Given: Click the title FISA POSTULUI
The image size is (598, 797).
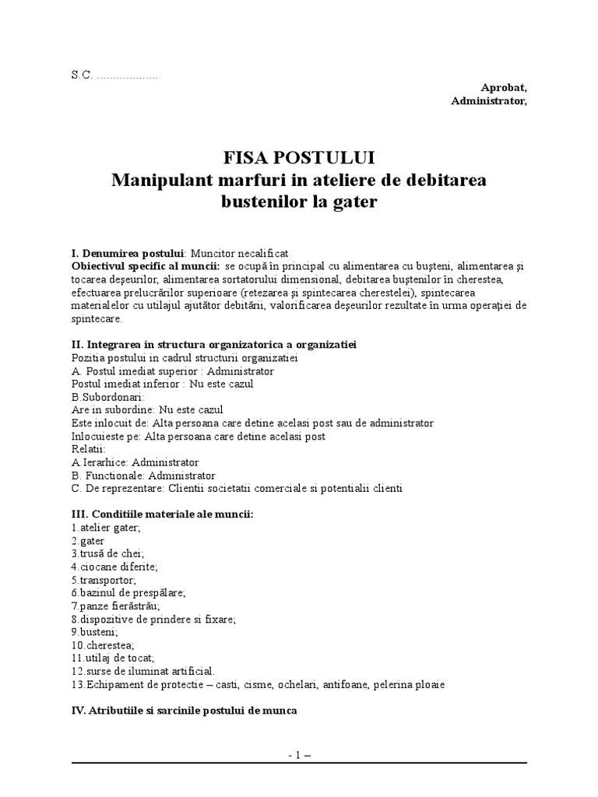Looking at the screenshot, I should tap(299, 158).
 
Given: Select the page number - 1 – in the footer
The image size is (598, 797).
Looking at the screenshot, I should tap(299, 754).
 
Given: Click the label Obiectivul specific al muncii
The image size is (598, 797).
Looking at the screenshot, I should tap(146, 266).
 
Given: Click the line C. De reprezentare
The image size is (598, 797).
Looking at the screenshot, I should tap(237, 488).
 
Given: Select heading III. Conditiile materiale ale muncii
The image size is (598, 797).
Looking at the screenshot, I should tap(162, 514).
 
